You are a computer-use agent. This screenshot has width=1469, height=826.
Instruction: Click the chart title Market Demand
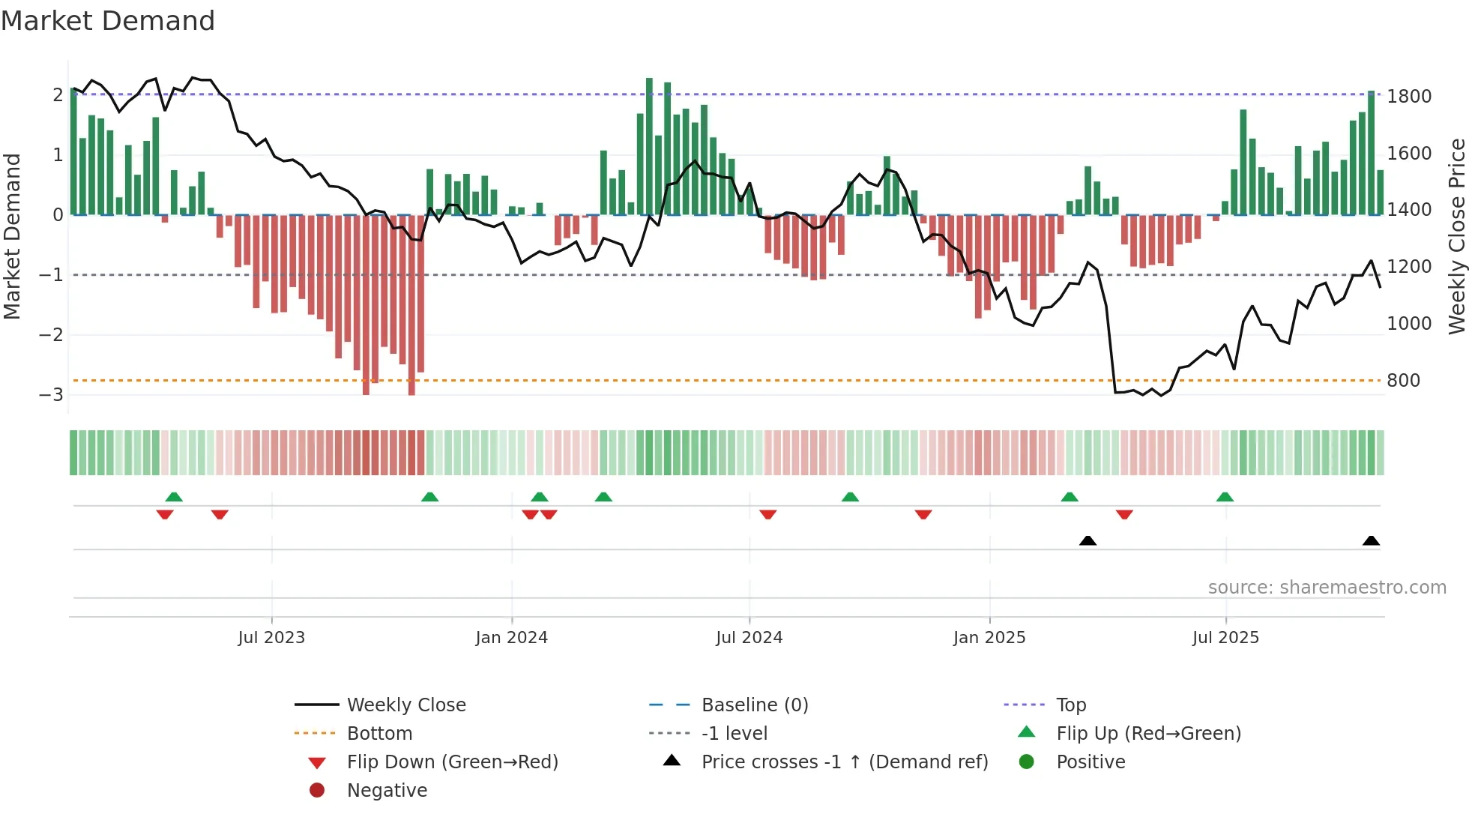tap(108, 21)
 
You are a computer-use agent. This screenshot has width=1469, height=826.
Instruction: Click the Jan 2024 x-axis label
tap(511, 638)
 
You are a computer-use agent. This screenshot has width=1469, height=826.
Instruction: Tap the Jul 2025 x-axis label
tap(1225, 638)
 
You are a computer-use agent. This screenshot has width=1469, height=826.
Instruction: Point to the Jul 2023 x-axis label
tap(271, 638)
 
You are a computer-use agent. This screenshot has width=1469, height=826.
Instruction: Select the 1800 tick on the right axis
tap(1409, 97)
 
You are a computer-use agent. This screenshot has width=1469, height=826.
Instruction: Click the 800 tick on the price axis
tap(1403, 381)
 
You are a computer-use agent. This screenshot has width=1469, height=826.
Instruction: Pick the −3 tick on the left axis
tap(51, 395)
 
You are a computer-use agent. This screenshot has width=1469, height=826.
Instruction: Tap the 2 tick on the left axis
tap(58, 95)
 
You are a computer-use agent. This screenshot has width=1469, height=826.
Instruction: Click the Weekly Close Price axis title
tap(1456, 236)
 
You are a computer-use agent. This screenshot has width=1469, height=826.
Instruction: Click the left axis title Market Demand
tap(13, 236)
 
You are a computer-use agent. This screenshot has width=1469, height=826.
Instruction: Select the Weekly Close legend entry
tap(405, 705)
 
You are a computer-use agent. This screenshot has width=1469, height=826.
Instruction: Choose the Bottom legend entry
tap(379, 734)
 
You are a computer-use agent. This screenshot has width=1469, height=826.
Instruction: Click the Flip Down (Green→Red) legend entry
tap(452, 762)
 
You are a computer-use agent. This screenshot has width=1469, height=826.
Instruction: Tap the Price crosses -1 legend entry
tap(844, 762)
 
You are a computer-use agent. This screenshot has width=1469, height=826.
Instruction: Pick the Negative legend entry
tap(387, 791)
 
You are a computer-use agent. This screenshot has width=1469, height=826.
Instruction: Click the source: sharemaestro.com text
tap(1327, 588)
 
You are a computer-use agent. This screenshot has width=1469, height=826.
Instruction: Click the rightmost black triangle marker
tap(1371, 540)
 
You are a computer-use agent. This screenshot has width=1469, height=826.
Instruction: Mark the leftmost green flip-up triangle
tap(174, 497)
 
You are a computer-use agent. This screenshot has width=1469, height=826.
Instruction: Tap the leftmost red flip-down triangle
tap(165, 514)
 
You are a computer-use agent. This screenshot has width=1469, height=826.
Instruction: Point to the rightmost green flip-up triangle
tap(1225, 497)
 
